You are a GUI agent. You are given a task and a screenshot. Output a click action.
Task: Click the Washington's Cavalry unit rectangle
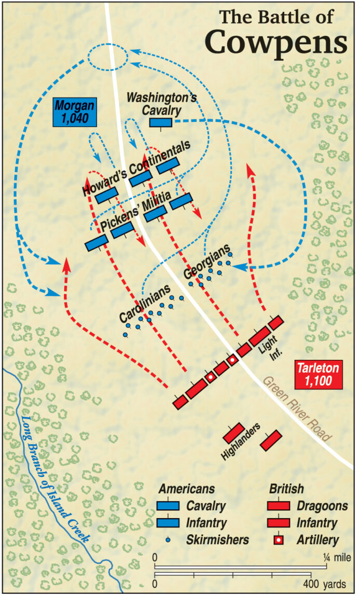point(161,122)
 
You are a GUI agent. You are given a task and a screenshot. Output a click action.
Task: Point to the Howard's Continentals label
point(136,168)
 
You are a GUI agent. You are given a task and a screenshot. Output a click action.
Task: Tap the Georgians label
point(206,262)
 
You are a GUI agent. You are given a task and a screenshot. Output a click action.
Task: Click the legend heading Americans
point(186,489)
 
